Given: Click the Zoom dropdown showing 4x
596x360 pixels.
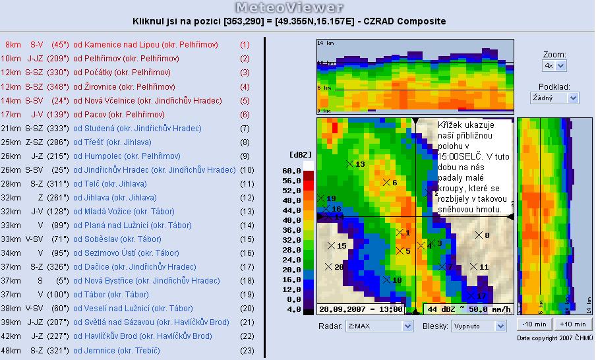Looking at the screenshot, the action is [554, 65].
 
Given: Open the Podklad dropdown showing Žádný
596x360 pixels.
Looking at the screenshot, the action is [554, 98].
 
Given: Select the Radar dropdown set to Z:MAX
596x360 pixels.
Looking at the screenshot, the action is [379, 326].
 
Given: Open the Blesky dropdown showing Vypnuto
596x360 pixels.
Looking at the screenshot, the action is [478, 326].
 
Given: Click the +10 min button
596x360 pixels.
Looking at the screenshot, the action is [573, 324].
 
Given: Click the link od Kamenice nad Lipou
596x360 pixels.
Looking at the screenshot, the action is [146, 45].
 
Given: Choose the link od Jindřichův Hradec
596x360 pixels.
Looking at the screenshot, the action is [154, 170].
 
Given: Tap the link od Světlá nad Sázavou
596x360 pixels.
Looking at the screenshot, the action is [151, 322].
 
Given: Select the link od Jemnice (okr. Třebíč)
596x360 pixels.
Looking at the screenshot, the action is [117, 350].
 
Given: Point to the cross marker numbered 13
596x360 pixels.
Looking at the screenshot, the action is [349, 164].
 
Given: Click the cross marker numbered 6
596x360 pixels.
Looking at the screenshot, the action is [386, 183].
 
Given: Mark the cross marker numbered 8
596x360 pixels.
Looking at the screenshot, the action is [479, 235].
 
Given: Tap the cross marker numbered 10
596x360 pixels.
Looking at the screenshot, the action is [386, 280].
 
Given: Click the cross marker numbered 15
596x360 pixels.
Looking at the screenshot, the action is [331, 245].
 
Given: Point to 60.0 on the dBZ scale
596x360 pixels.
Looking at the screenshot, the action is [291, 171].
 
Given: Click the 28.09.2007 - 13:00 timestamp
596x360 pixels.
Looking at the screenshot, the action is [361, 309].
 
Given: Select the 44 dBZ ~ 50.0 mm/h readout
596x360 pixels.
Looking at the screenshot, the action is [469, 309].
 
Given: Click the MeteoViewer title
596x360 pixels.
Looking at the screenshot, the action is [289, 7].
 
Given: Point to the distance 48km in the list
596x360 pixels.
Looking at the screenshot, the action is [11, 350].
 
